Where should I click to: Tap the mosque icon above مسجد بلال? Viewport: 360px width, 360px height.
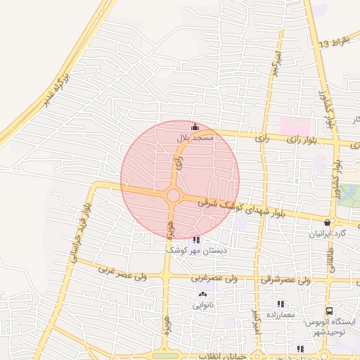(x=195, y=127)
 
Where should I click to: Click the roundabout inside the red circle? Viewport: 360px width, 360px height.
(x=172, y=195)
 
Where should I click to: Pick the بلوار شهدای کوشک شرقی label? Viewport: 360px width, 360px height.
(x=241, y=206)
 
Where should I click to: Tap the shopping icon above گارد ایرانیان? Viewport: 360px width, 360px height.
(x=327, y=222)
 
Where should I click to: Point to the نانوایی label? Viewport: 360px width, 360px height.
(x=204, y=305)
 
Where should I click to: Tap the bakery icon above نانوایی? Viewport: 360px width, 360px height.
(x=203, y=295)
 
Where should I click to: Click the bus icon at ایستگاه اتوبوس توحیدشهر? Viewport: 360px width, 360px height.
(x=328, y=311)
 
